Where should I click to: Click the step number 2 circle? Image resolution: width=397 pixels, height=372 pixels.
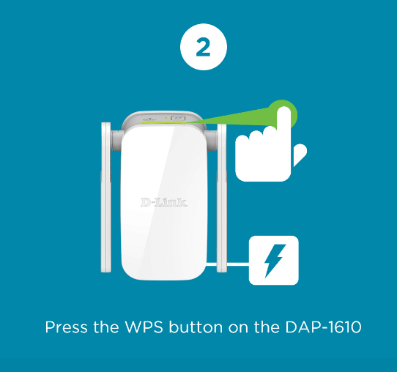pos(203,48)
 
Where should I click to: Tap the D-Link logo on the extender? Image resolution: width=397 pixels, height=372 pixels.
pos(163,201)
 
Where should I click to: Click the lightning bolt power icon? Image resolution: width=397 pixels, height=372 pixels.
pos(274,260)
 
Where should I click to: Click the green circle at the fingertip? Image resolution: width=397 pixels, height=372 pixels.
pos(283,114)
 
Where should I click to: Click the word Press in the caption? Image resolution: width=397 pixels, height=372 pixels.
pos(64,327)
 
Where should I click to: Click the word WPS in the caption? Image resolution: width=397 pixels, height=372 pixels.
pos(140,327)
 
